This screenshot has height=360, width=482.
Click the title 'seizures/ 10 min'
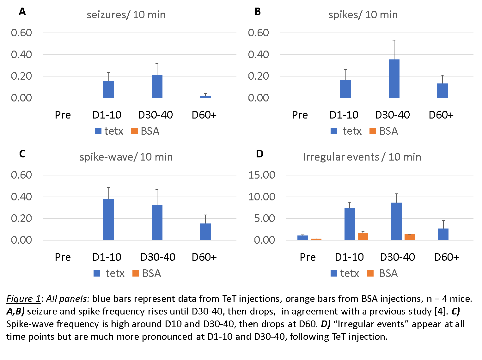[126, 15]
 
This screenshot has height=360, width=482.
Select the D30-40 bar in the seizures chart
[157, 87]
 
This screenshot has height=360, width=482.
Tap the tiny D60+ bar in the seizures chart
[205, 97]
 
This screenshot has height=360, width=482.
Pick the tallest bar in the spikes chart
[394, 79]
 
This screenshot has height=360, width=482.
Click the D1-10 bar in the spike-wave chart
[108, 219]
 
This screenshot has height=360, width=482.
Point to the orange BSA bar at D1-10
[363, 236]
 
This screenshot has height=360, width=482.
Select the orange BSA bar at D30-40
[410, 237]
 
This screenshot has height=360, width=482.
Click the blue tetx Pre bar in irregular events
[302, 238]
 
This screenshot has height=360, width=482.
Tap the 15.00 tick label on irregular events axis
[262, 175]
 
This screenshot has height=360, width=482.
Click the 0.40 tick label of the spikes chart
[258, 55]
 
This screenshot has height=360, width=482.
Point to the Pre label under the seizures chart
[63, 115]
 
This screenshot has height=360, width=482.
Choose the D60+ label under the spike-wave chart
[204, 257]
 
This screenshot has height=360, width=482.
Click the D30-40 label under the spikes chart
[392, 115]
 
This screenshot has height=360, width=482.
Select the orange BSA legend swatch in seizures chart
[135, 131]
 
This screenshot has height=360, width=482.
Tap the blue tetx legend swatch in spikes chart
[334, 131]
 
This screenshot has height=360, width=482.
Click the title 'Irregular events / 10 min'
[362, 157]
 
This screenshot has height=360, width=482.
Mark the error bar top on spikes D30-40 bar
[394, 40]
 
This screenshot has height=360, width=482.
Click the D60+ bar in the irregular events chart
[443, 234]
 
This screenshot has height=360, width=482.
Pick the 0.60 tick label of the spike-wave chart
[21, 175]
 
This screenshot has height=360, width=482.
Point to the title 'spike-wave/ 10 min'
[126, 157]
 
